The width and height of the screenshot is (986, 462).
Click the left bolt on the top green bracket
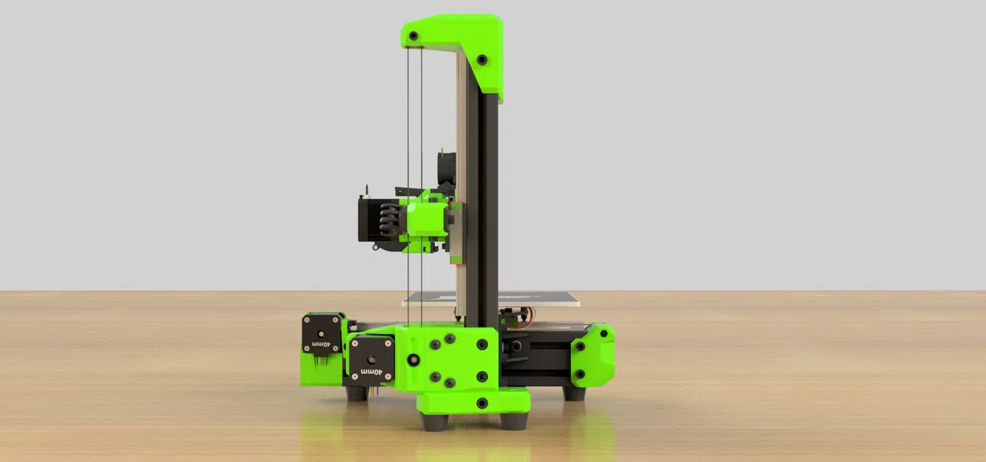coord(413,35)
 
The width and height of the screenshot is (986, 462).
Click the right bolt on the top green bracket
coord(482,59)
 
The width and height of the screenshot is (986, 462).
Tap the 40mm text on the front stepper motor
coord(371,372)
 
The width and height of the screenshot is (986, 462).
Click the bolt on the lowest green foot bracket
coord(482,403)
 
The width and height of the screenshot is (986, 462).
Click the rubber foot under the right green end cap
coord(574,393)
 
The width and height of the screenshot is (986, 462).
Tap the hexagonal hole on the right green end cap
coord(604,333)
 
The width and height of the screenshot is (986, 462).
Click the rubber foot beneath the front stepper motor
coord(357,393)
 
